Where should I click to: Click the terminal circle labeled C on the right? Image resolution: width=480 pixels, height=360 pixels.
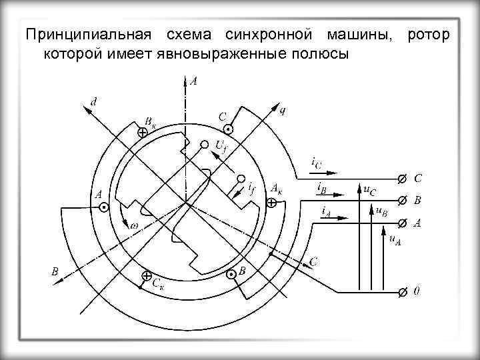401,179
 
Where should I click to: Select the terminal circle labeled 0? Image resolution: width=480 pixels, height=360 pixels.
401,292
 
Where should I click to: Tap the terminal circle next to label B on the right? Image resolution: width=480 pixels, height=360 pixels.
401,201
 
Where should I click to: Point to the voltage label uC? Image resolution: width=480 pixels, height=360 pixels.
369,190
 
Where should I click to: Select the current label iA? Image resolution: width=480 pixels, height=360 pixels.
326,211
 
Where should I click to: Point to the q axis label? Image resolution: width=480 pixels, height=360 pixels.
282,111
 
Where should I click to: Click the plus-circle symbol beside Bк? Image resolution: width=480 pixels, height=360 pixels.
142,133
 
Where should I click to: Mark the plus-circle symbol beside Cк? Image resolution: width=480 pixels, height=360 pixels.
146,275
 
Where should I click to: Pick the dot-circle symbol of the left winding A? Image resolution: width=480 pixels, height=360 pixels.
104,208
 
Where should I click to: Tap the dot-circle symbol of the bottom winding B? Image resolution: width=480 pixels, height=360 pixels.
231,274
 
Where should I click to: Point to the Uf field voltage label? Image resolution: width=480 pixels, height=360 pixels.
221,145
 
